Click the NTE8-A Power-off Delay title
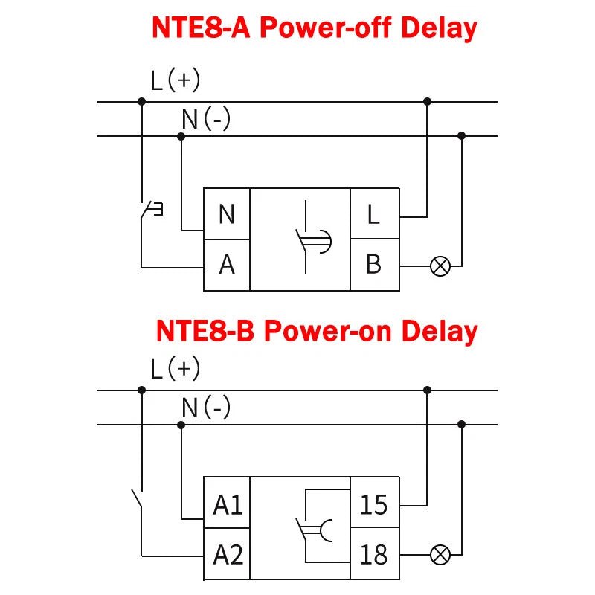tap(314, 28)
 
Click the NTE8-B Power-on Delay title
tap(316, 331)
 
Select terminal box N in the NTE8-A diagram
tap(227, 214)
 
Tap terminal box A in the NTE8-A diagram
tap(227, 264)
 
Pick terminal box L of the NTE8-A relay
tap(373, 214)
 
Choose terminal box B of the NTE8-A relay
tap(373, 264)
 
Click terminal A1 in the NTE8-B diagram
tap(228, 505)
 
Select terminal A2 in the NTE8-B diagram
tap(228, 554)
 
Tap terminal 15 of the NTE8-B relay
tap(373, 505)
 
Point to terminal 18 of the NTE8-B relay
tap(373, 554)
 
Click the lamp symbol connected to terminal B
tap(440, 266)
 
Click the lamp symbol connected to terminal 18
tap(440, 554)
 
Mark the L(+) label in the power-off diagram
tap(175, 80)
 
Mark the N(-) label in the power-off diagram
tap(206, 119)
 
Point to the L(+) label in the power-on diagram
tap(175, 368)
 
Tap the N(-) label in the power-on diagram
tap(206, 408)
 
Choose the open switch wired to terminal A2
tap(137, 500)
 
